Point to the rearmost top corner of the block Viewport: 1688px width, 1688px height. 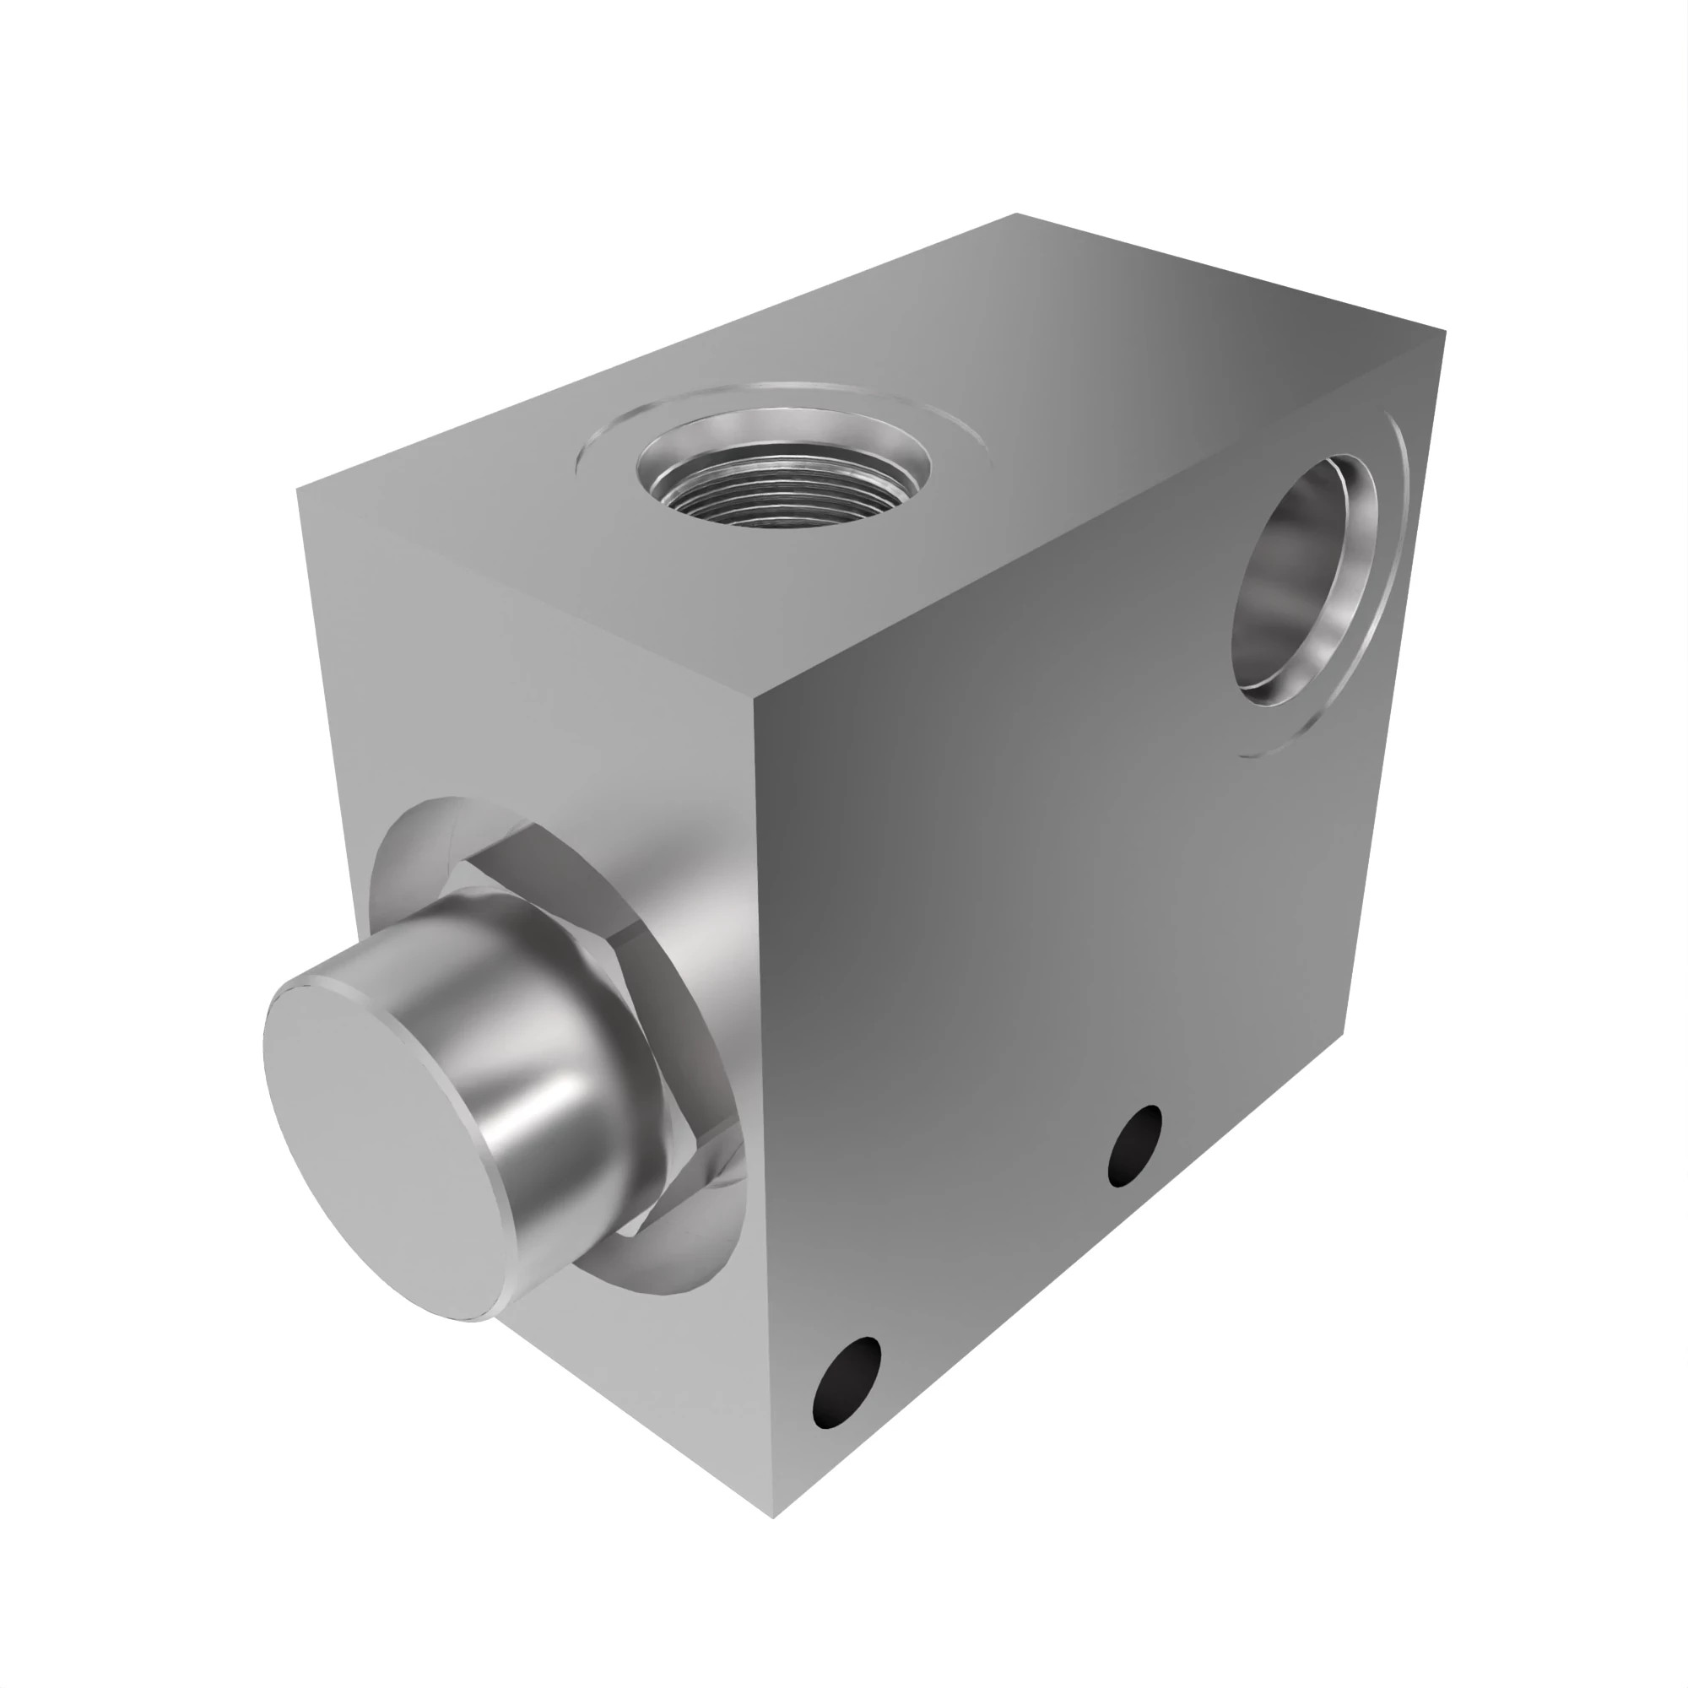click(x=1016, y=214)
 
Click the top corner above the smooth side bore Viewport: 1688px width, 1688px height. click(x=1445, y=332)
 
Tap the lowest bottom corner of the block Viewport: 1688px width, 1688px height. click(x=773, y=1517)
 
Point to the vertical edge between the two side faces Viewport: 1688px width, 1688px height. click(x=762, y=1092)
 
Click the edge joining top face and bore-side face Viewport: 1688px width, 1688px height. click(x=1101, y=516)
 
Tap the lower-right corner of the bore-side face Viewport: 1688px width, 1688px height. click(x=1344, y=1031)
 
